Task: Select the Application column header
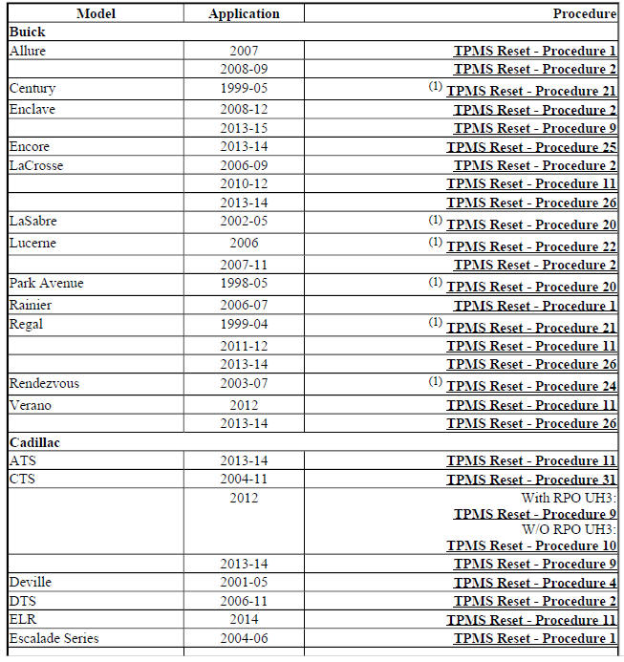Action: tap(244, 14)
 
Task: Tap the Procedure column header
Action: tap(584, 14)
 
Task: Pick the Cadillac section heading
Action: tap(35, 442)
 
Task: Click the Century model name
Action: tap(32, 88)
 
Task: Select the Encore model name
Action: tap(30, 147)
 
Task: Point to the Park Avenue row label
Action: tap(46, 284)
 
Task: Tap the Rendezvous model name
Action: tap(44, 383)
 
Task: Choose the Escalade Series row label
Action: tap(54, 638)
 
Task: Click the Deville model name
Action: tap(31, 582)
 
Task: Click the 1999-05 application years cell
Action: tap(244, 88)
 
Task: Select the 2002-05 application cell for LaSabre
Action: tap(244, 221)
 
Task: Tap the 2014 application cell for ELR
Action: tap(244, 619)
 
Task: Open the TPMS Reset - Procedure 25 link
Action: tap(531, 147)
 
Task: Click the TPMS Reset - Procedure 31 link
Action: tap(531, 480)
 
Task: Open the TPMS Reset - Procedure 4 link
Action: tap(535, 583)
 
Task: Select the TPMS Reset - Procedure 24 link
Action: tap(531, 386)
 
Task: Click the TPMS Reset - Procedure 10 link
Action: tap(531, 545)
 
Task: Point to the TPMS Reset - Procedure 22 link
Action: tap(531, 246)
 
